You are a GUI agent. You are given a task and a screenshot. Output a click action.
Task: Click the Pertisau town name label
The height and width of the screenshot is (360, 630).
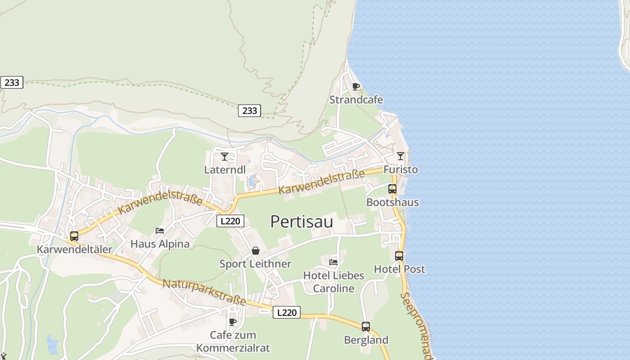click(301, 222)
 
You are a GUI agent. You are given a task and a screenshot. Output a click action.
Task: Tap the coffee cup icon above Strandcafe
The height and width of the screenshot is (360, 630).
click(356, 86)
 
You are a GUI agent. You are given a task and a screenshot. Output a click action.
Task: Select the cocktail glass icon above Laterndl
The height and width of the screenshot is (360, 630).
click(225, 157)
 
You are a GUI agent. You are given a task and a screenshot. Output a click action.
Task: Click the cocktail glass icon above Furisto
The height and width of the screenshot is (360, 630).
click(400, 156)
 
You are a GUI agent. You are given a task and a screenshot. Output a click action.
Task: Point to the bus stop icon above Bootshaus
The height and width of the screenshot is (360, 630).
click(392, 189)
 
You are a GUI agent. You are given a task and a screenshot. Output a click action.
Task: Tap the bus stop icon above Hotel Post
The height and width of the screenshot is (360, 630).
click(399, 256)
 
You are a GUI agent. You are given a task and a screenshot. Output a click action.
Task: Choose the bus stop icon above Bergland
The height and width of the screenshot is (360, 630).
click(366, 327)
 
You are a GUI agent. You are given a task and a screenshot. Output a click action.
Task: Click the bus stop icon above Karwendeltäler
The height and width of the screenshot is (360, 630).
click(74, 236)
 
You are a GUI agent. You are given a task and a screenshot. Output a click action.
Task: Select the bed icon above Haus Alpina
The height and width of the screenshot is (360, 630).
click(160, 231)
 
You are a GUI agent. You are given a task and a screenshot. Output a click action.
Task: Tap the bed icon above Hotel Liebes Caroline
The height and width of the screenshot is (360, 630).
click(333, 262)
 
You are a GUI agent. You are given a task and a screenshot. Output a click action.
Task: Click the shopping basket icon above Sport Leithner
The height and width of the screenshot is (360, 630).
click(255, 251)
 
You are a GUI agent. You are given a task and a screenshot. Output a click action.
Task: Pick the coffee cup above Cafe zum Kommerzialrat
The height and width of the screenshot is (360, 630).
click(233, 322)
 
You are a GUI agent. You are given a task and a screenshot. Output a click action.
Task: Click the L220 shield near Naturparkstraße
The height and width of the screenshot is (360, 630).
click(286, 312)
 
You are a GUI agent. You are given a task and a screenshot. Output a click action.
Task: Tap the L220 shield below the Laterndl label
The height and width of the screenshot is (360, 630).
click(230, 221)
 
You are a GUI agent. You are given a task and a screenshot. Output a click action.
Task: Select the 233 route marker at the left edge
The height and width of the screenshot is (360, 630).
click(12, 82)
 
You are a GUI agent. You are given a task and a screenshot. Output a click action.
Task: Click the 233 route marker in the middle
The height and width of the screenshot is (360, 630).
click(249, 110)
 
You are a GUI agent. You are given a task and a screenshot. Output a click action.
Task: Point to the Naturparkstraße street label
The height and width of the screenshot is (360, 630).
click(204, 292)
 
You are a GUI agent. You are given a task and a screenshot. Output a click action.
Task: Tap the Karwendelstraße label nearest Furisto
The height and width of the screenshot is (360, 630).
click(321, 182)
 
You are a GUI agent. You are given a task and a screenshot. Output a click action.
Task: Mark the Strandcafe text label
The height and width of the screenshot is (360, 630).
click(356, 99)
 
